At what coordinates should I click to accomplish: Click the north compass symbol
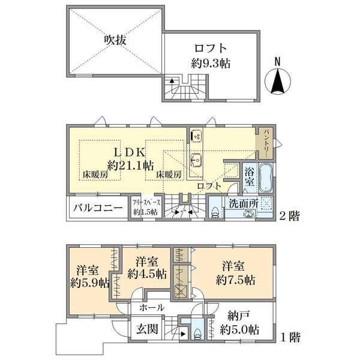(x=278, y=79)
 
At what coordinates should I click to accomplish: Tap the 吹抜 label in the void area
(x=115, y=40)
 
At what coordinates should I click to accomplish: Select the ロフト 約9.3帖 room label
(x=211, y=56)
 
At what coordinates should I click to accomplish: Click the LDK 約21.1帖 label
(x=131, y=158)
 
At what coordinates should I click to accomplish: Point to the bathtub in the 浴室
(x=266, y=178)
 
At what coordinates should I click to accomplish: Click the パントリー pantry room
(x=265, y=143)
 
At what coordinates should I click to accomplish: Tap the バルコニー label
(x=98, y=208)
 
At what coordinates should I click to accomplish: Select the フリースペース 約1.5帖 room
(x=146, y=207)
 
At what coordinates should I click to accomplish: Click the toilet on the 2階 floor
(x=216, y=212)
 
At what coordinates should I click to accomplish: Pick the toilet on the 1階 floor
(x=197, y=332)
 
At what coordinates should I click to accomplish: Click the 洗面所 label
(x=244, y=203)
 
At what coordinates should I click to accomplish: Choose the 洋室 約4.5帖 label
(x=147, y=268)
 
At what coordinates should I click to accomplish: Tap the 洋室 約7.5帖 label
(x=235, y=273)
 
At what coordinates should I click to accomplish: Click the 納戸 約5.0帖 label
(x=239, y=323)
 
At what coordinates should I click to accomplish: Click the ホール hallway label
(x=152, y=308)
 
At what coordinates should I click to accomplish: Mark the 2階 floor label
(x=289, y=216)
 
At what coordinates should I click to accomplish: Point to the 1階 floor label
(x=290, y=337)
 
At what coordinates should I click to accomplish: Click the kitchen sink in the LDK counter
(x=196, y=160)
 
